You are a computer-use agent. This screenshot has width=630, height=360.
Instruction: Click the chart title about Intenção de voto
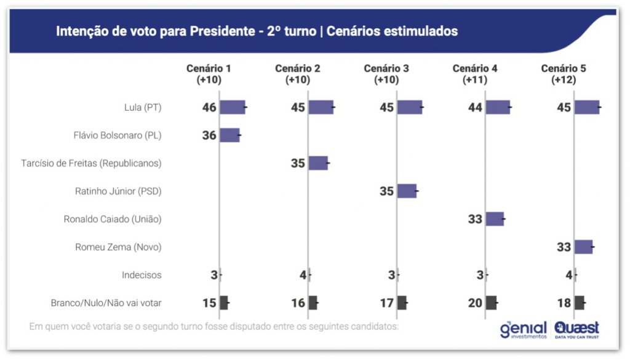257,31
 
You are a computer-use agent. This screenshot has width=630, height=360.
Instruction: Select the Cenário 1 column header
209,74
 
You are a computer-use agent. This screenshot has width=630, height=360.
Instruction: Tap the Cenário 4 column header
475,74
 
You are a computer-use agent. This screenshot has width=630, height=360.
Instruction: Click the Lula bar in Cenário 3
410,107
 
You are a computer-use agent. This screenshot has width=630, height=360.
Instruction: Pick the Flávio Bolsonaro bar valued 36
229,135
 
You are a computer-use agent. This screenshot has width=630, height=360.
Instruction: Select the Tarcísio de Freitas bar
318,163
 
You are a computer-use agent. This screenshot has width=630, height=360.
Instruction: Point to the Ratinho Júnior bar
407,191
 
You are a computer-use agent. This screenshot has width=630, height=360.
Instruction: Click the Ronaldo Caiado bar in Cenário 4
495,218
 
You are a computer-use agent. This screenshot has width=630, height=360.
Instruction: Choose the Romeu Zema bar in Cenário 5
583,247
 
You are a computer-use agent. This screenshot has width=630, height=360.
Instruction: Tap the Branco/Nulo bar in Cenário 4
491,302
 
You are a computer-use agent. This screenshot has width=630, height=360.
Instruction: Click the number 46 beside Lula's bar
209,108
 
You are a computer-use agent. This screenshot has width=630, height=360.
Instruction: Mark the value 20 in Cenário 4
475,302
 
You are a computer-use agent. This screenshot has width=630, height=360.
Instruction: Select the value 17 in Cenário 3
386,302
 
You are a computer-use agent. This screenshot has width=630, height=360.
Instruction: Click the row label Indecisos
142,274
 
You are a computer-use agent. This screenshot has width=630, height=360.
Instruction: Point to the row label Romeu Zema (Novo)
118,247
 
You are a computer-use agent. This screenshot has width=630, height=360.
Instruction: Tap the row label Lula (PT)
143,108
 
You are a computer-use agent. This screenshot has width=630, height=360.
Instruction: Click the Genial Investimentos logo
523,329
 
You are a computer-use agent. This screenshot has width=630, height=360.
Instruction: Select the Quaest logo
576,329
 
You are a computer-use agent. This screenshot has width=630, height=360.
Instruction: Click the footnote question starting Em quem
213,326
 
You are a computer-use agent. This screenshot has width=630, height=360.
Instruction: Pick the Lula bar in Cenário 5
587,107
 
